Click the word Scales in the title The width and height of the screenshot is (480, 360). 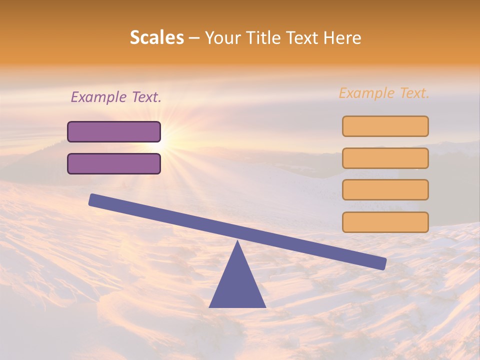[156, 38]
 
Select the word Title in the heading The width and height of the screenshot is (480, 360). [264, 38]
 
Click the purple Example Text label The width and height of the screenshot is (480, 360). [116, 97]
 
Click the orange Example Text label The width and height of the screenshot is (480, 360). [384, 93]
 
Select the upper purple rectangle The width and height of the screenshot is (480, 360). [114, 132]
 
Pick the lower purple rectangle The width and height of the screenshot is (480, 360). [114, 164]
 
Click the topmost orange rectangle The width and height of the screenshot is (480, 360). [385, 126]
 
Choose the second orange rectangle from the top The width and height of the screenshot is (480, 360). [385, 158]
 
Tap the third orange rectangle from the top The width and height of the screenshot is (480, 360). [385, 190]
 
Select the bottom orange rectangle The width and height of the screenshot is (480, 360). [385, 222]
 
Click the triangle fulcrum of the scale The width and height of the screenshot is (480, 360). [237, 282]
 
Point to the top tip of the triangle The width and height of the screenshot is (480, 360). [237, 242]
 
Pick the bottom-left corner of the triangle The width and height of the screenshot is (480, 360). [210, 306]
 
